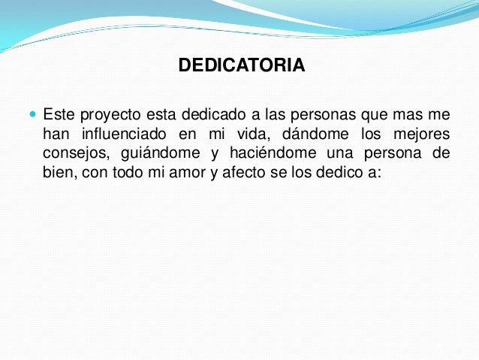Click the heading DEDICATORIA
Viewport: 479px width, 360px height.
point(241,66)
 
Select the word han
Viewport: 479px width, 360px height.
point(54,135)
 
